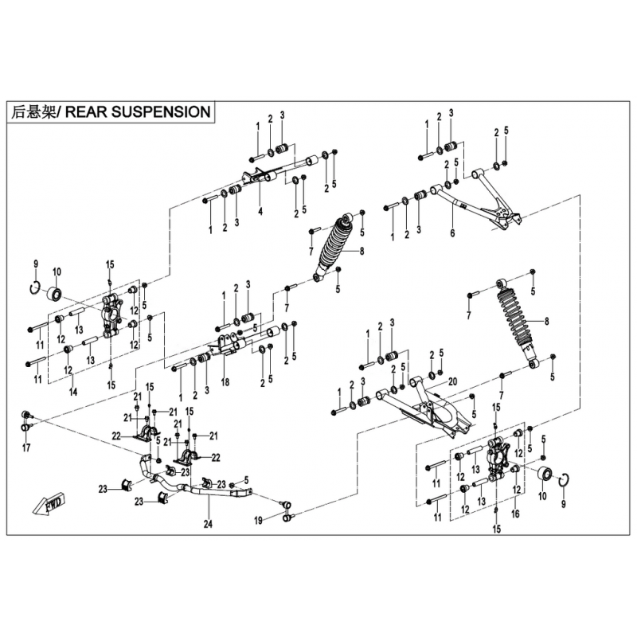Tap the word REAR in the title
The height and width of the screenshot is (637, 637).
[85, 112]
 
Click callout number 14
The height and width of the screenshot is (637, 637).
[72, 392]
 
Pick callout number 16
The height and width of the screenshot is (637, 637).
[514, 516]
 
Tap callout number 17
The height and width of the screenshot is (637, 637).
[26, 448]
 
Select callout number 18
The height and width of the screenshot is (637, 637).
[225, 382]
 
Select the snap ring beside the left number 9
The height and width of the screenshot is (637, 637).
[35, 288]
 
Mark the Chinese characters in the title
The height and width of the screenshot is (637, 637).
[36, 112]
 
